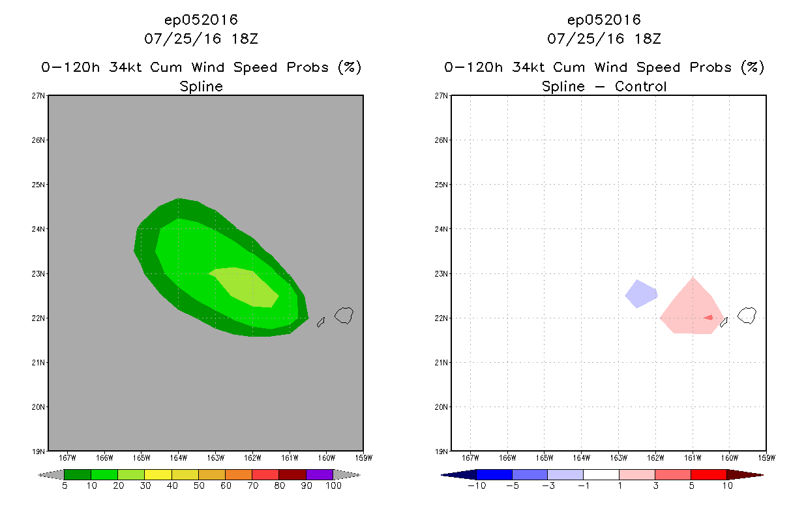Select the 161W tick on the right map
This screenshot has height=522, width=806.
[693, 457]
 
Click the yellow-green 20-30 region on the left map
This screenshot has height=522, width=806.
[246, 286]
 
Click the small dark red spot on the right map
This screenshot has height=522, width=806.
[709, 318]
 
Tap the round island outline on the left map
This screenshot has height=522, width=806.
[344, 316]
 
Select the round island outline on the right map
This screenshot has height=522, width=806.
[747, 316]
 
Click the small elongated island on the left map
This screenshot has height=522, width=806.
[321, 322]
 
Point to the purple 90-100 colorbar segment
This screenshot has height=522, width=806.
[320, 474]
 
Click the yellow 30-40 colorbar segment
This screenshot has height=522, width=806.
[158, 474]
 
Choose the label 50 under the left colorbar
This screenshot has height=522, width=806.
[198, 486]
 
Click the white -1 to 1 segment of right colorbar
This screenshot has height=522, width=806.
[601, 474]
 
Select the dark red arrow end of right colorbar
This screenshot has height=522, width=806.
[743, 474]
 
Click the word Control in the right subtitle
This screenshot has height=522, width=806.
[641, 86]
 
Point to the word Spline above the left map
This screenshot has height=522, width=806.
[201, 86]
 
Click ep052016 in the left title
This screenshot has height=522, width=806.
[201, 20]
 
